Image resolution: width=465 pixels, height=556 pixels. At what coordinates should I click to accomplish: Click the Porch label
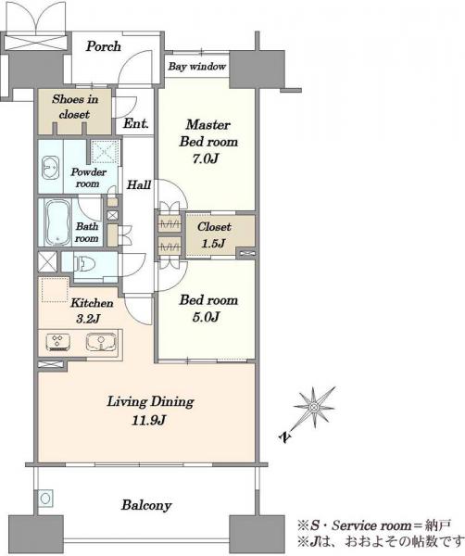click(x=104, y=46)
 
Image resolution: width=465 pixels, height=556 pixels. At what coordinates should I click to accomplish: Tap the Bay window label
click(x=196, y=67)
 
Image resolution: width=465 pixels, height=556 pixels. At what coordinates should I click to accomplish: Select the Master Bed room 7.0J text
click(x=208, y=142)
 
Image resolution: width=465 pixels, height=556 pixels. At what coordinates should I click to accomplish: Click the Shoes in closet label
click(x=75, y=107)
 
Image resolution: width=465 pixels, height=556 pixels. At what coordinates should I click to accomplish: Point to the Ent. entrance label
click(x=136, y=123)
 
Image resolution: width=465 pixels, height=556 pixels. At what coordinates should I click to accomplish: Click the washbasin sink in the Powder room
click(x=51, y=167)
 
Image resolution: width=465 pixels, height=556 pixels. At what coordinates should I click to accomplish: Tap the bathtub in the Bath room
click(x=57, y=222)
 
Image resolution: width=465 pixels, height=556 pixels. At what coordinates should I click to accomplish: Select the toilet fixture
click(x=85, y=264)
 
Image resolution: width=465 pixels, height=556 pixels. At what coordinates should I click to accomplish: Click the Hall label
click(x=139, y=184)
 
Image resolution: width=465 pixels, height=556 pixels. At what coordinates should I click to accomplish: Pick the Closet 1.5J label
click(x=214, y=234)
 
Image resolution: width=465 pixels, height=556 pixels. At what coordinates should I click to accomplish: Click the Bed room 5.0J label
click(x=208, y=308)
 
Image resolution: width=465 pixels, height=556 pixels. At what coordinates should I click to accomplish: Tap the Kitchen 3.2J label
click(x=92, y=310)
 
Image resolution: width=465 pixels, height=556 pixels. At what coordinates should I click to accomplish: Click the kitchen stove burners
click(x=57, y=342)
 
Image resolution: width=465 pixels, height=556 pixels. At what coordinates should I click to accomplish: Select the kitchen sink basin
click(x=101, y=342)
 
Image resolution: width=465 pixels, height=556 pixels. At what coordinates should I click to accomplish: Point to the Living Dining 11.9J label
click(x=150, y=411)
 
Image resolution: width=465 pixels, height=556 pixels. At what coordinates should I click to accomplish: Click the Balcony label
click(x=146, y=505)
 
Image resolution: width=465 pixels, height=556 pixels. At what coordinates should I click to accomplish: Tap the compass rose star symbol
click(x=314, y=408)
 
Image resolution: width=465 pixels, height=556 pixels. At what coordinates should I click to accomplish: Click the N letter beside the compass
click(x=285, y=437)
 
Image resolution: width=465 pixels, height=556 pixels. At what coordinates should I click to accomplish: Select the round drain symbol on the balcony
click(x=45, y=499)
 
